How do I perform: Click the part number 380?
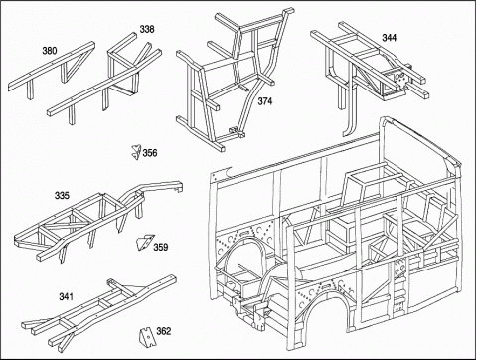click(50, 51)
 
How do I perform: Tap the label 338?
click(147, 29)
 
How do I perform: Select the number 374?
click(265, 101)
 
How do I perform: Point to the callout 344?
click(390, 38)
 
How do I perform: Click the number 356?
click(150, 153)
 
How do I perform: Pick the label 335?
click(62, 196)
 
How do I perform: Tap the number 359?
click(161, 247)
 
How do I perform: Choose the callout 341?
click(66, 296)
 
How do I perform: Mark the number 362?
click(164, 331)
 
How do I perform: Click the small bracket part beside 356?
click(136, 152)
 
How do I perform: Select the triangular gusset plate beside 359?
click(144, 242)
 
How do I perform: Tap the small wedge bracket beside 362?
click(145, 337)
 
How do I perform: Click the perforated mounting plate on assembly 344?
click(400, 80)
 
